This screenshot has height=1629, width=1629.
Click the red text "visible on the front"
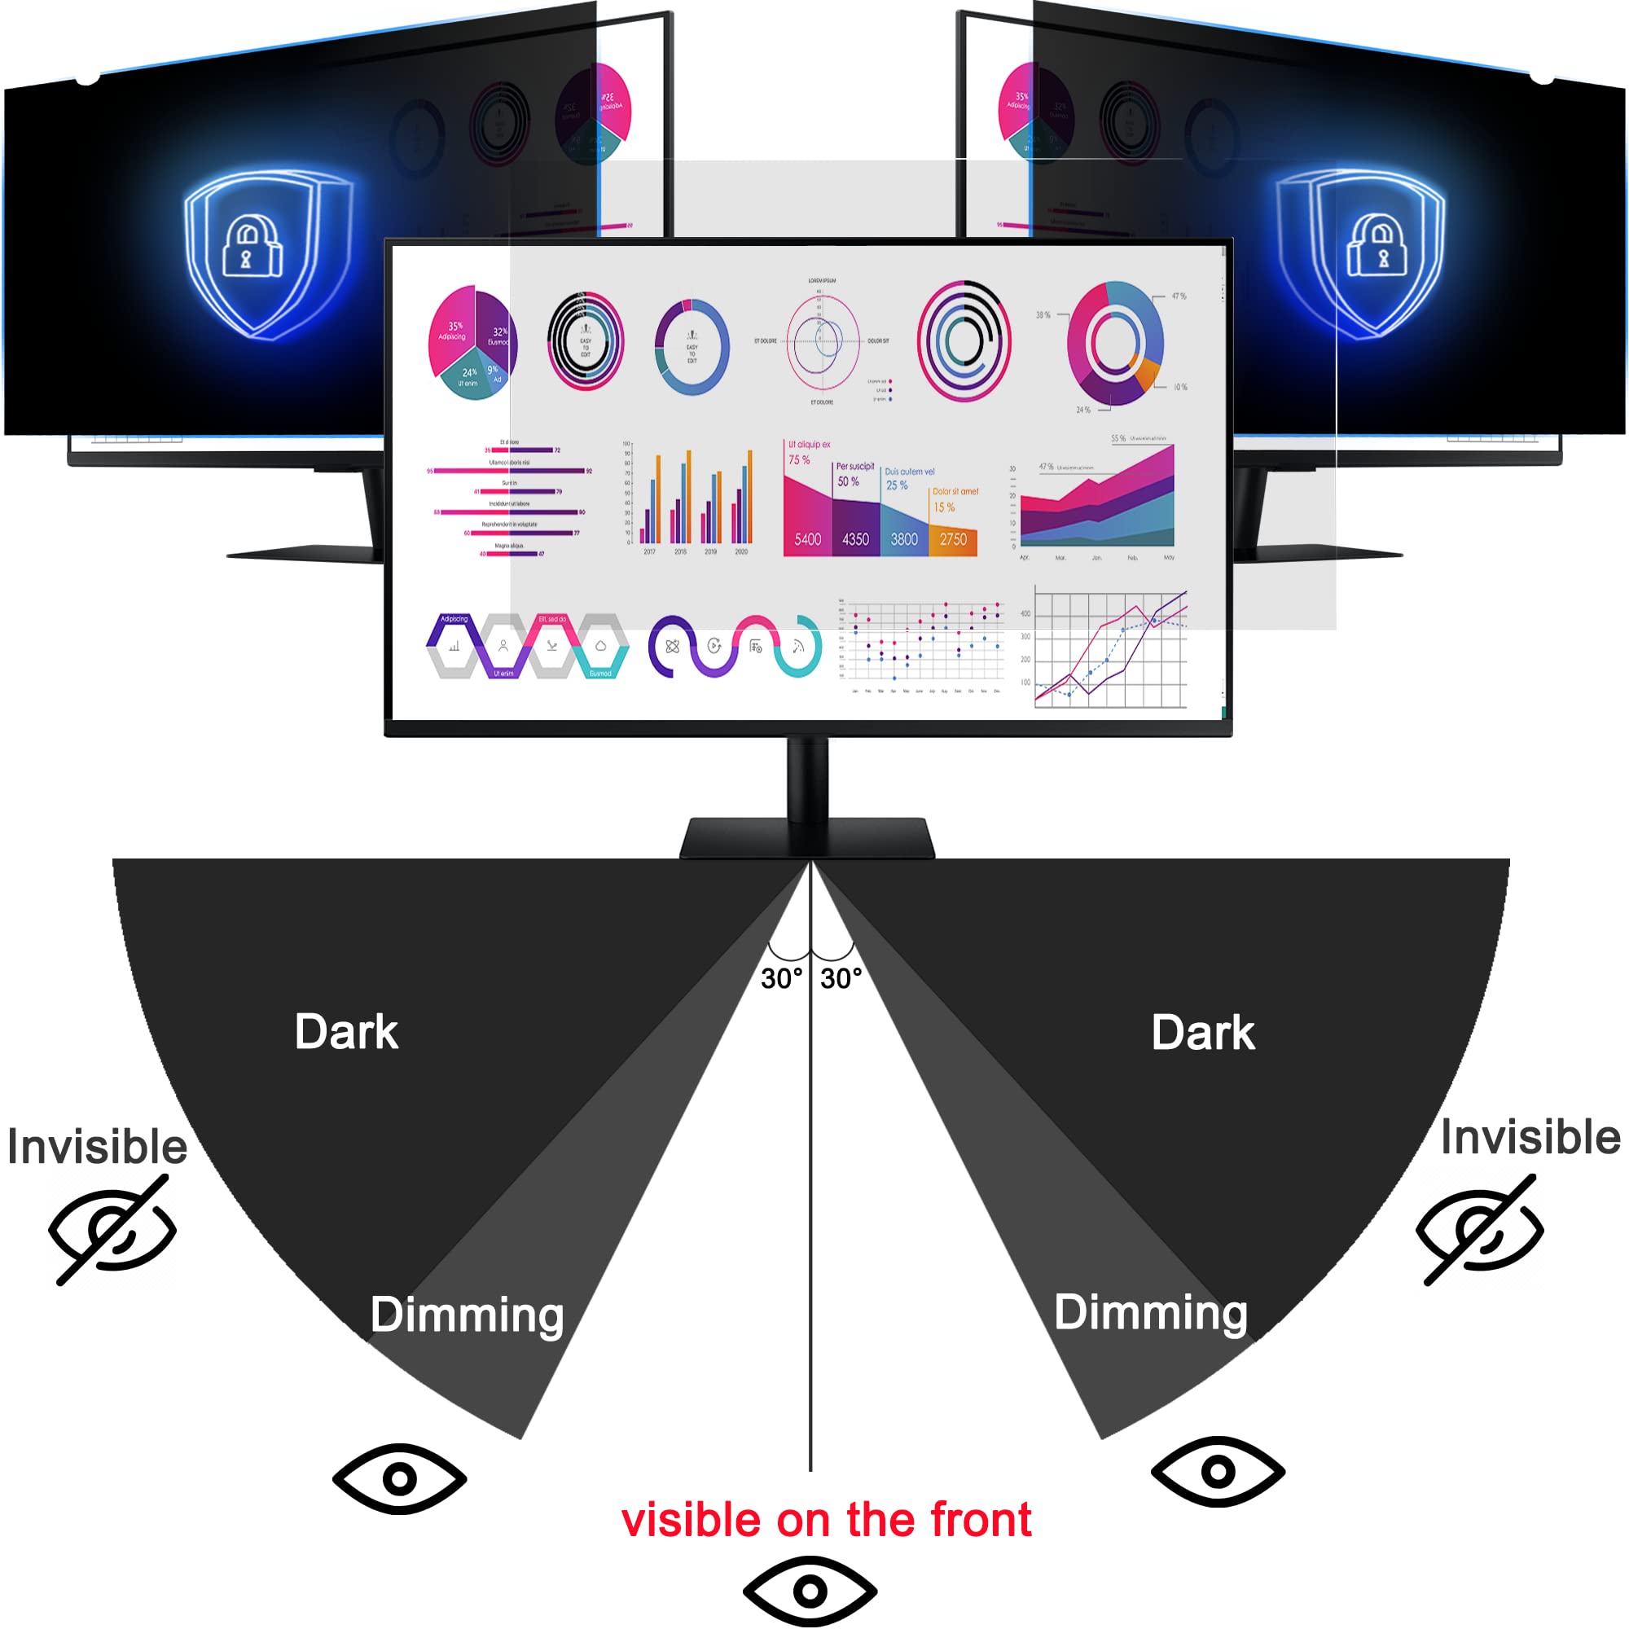tap(825, 1520)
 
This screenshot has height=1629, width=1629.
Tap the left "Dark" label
tap(345, 1032)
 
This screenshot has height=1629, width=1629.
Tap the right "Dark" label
tap(1202, 1034)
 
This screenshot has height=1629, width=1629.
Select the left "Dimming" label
tap(466, 1315)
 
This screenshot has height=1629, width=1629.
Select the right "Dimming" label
tap(1150, 1312)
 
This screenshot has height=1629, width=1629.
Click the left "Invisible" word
tap(97, 1147)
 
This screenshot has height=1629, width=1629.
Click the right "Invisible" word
tap(1530, 1137)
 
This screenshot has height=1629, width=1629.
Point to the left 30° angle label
tap(781, 979)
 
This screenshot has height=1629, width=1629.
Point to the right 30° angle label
tap(841, 979)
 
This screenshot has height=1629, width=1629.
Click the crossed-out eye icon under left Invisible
tap(112, 1230)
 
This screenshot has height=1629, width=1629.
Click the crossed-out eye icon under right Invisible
tap(1480, 1230)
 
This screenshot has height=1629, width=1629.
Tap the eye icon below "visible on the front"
tap(810, 1591)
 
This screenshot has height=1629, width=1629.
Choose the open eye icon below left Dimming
tap(400, 1478)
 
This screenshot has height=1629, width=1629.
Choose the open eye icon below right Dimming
tap(1218, 1472)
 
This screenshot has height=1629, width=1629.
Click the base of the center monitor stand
tap(807, 839)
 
